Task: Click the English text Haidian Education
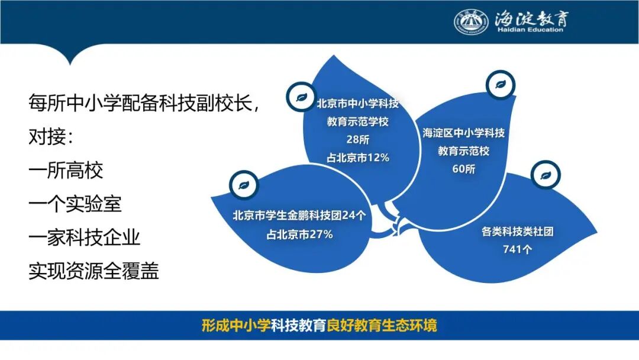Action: point(530,30)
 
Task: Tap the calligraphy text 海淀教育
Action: point(531,18)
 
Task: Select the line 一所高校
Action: point(66,170)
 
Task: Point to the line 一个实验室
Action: point(75,204)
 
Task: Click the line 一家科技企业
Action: point(85,237)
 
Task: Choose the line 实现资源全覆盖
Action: point(93,271)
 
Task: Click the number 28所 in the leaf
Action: point(358,139)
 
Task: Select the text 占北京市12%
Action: point(358,157)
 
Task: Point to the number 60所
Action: point(463,169)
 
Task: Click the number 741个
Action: point(517,249)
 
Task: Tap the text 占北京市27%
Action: point(299,234)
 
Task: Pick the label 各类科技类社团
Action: point(517,231)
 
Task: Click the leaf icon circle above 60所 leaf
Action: point(501,85)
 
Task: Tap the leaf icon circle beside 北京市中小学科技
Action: point(301,97)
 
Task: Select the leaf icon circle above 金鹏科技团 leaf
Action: point(244,185)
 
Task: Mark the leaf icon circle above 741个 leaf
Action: point(546,175)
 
